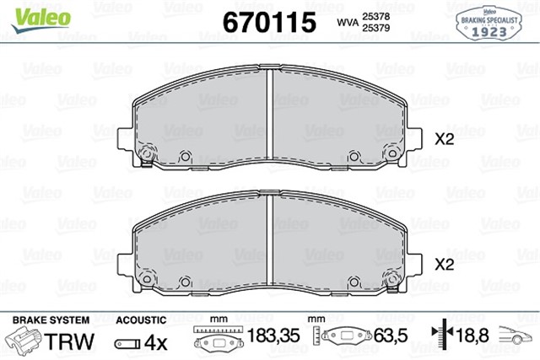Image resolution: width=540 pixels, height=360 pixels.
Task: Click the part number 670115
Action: (268, 21)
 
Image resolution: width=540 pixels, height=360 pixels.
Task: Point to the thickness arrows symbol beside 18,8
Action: (443, 337)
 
